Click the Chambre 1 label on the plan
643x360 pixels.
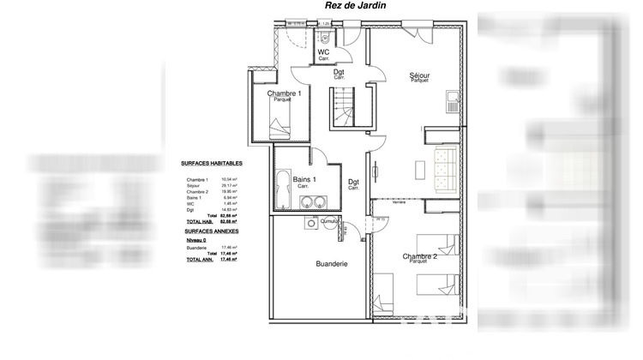(283, 93)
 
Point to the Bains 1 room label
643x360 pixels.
(305, 179)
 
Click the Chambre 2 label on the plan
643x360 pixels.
(421, 256)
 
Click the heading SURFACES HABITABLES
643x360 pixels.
(212, 163)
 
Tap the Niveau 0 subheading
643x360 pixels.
(196, 241)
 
